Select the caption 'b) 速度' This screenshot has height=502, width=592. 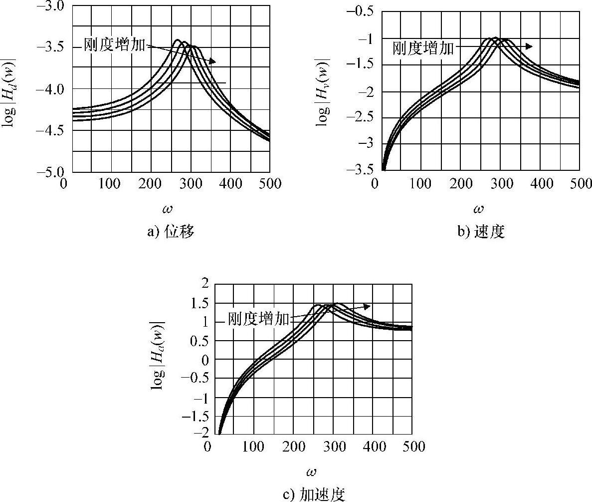click(481, 232)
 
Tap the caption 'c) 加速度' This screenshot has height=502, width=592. click(314, 495)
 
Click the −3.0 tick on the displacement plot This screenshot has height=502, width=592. click(51, 6)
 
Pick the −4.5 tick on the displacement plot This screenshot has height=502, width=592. click(51, 130)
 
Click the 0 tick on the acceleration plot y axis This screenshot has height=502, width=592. click(203, 360)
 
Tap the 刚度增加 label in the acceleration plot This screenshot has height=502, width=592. click(258, 319)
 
